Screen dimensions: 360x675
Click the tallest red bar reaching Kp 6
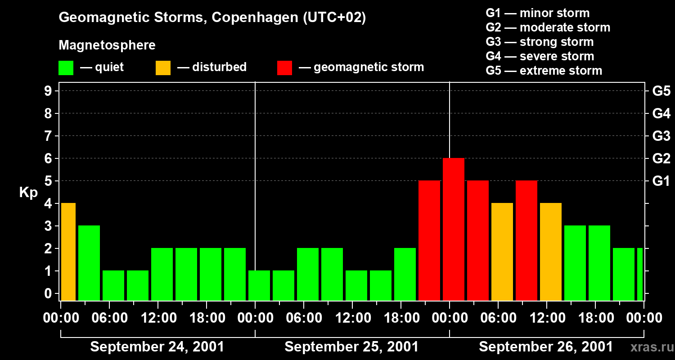[x=453, y=229]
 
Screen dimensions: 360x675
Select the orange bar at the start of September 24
[x=68, y=252]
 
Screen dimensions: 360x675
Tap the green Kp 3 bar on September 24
[x=89, y=263]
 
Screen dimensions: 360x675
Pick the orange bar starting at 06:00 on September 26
[x=502, y=252]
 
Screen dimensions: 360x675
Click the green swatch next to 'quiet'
[x=66, y=68]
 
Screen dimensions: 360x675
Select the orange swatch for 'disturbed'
[x=163, y=68]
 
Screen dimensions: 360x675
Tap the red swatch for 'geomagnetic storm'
[x=284, y=68]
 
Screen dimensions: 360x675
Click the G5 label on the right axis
[x=661, y=91]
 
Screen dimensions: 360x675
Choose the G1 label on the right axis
[x=661, y=181]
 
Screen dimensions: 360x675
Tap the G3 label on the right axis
[x=661, y=136]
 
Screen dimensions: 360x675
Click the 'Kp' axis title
[x=28, y=193]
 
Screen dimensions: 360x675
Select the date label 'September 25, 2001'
[x=351, y=347]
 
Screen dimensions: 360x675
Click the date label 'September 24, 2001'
[x=157, y=347]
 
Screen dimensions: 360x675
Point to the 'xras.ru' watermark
[x=651, y=347]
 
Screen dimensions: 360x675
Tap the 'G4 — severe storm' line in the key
[x=540, y=56]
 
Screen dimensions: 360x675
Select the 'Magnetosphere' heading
[x=107, y=45]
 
